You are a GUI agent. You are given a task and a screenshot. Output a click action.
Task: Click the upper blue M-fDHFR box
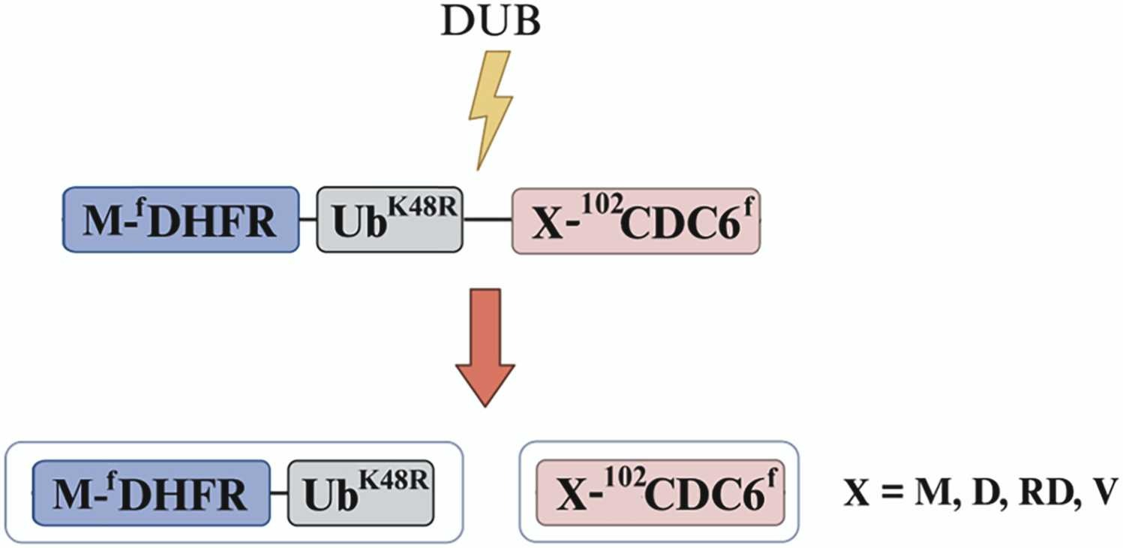tap(181, 220)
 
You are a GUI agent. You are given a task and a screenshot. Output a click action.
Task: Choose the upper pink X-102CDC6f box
tap(635, 220)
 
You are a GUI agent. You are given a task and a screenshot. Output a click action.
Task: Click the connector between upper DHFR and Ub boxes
tap(308, 220)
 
